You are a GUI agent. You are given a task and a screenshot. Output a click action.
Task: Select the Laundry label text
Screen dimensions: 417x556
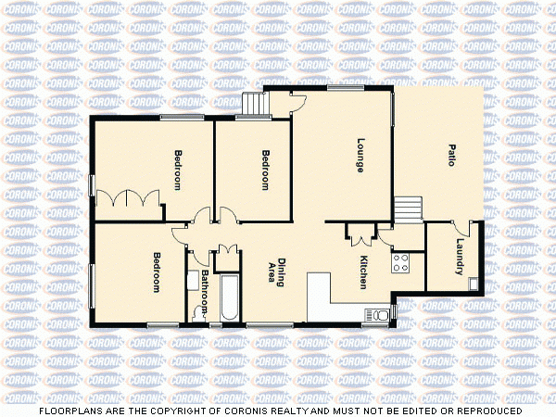tap(461, 259)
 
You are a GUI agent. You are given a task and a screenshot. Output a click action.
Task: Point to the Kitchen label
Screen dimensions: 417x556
tap(364, 272)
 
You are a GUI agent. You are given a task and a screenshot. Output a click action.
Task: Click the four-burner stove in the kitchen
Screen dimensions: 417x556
tap(401, 263)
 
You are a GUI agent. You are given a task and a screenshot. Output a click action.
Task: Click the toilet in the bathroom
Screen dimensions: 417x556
tap(196, 313)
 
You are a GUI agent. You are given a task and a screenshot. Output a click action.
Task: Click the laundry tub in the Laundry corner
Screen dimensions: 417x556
tap(474, 283)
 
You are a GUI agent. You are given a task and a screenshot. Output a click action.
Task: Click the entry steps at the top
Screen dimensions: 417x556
tap(253, 105)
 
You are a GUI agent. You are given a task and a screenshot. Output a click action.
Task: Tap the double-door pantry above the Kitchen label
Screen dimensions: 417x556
tap(360, 234)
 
